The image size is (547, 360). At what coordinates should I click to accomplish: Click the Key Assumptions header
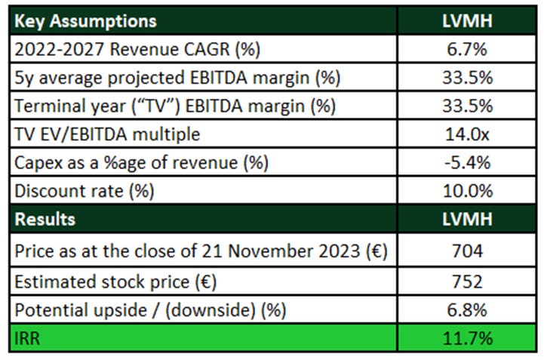(85, 20)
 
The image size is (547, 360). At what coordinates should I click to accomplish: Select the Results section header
(45, 219)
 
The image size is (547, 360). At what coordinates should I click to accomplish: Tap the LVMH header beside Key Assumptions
(467, 20)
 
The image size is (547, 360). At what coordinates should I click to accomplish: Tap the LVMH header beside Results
(467, 219)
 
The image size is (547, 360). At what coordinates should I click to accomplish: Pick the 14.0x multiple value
(467, 134)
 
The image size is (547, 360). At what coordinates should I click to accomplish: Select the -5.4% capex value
(467, 162)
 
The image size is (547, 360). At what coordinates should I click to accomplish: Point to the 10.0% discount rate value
(467, 191)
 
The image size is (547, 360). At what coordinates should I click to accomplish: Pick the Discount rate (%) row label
(85, 191)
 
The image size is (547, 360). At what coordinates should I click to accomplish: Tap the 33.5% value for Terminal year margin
(467, 106)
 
